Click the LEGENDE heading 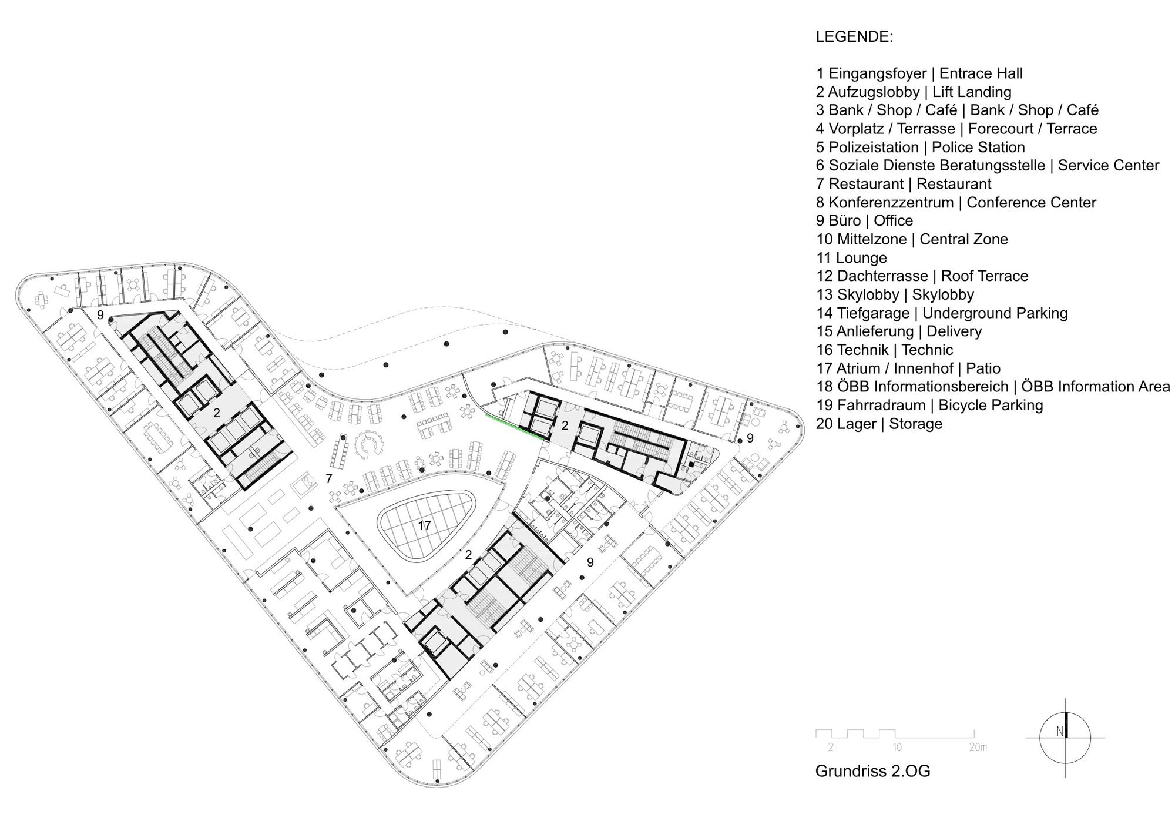tap(854, 37)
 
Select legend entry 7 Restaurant tap(904, 184)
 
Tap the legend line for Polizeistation tap(921, 147)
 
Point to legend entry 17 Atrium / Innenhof tap(908, 368)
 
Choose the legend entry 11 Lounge tap(851, 258)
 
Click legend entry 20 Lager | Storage tap(879, 424)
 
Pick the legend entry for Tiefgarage tap(942, 313)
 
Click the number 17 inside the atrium tap(424, 525)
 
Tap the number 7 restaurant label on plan tap(329, 479)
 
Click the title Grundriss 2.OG tap(873, 771)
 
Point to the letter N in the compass tap(1060, 732)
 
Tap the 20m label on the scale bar tap(978, 748)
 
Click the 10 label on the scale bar tap(897, 748)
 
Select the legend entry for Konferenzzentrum tap(956, 203)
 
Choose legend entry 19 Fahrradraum tap(929, 405)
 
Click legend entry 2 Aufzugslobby tap(914, 92)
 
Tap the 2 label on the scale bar tap(831, 748)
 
